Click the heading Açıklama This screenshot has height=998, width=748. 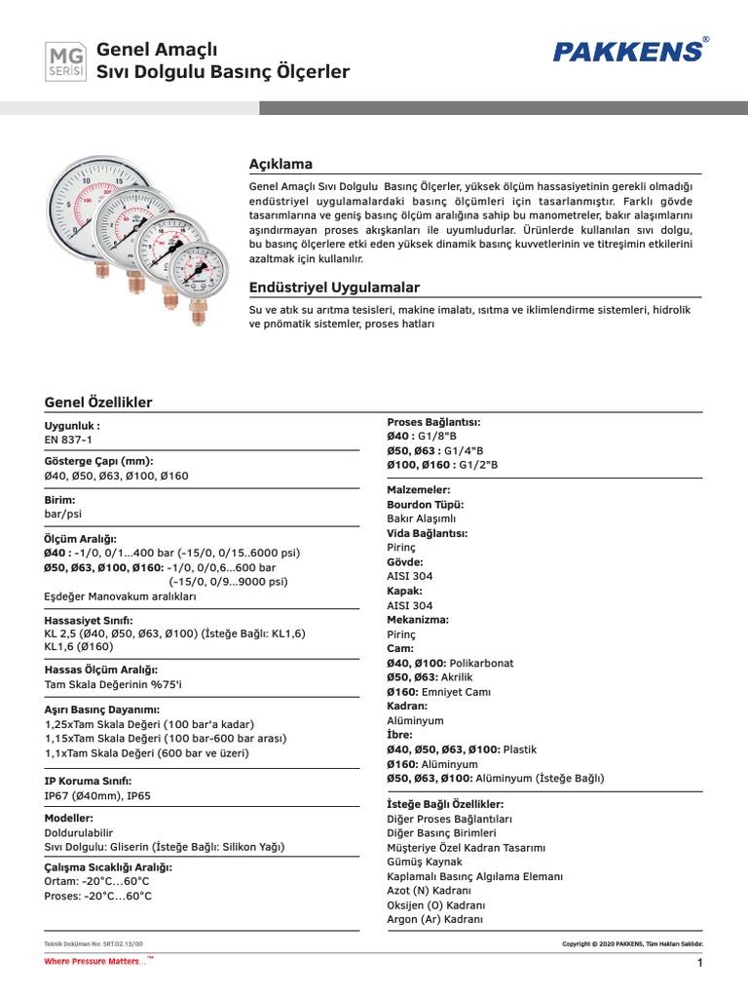click(281, 164)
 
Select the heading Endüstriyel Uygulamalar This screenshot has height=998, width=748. click(334, 288)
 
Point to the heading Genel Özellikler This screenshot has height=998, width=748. click(98, 403)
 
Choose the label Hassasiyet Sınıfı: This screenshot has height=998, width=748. click(89, 620)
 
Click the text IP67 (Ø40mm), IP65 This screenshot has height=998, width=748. click(97, 795)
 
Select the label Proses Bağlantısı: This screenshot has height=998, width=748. click(433, 422)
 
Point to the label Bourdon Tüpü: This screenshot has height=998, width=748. click(426, 505)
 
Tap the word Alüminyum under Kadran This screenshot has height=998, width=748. click(415, 720)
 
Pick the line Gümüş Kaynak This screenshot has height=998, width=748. click(425, 863)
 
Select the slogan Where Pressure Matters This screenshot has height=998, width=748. click(95, 962)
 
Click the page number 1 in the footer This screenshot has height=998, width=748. click(699, 963)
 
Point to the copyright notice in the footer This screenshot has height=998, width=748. click(633, 944)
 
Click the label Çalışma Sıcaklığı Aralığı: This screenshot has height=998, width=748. click(109, 866)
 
